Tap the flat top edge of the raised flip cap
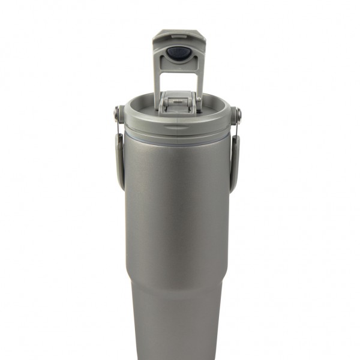pos(178,34)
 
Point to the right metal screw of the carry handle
pos(239,112)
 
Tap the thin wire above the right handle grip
pos(238,127)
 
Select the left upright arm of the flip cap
pos(159,78)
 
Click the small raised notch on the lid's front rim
pos(176,128)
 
